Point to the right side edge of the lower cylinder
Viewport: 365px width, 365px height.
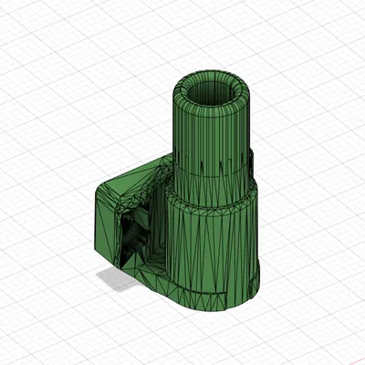point(259,237)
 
